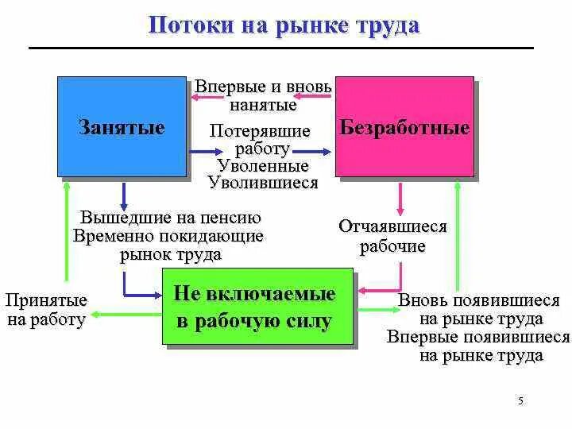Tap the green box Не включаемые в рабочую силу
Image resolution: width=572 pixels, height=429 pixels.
pos(257,306)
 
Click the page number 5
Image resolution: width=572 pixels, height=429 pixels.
pos(520,400)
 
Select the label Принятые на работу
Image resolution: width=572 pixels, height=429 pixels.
pos(46,310)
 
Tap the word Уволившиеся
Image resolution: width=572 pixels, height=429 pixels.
pos(263,183)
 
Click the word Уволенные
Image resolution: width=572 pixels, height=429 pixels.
pos(263,166)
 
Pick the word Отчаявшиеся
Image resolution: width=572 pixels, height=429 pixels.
pos(393,226)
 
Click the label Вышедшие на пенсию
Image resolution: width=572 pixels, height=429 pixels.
pos(171,217)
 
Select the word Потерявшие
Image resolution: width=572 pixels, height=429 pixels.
pos(261,131)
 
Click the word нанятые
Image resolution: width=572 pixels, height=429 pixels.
pos(263,104)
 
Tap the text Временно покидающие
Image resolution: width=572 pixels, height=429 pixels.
pos(168,236)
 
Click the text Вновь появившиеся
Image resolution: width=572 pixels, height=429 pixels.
pos(479,301)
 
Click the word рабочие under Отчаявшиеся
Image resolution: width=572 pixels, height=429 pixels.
pos(393,246)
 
